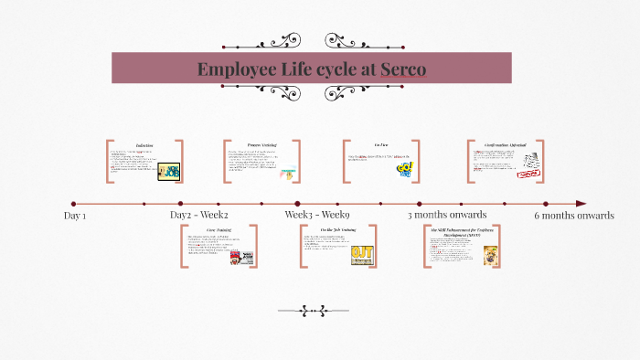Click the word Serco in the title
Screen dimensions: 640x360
(x=398, y=69)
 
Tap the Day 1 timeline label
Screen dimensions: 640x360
(x=75, y=216)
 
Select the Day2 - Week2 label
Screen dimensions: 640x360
(x=199, y=215)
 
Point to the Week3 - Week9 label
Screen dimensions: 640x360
(x=316, y=215)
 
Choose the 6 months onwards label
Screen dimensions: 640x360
(x=574, y=215)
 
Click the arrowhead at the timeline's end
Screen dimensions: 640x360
(x=581, y=204)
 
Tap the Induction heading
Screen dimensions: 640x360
(x=144, y=145)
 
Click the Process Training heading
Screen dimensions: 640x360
(x=261, y=144)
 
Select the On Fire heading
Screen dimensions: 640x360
(x=381, y=144)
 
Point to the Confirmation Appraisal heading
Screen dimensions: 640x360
(x=505, y=144)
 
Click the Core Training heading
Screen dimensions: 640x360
(x=219, y=229)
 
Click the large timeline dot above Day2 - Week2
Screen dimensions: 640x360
(x=180, y=204)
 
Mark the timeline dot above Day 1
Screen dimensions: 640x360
(x=73, y=204)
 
